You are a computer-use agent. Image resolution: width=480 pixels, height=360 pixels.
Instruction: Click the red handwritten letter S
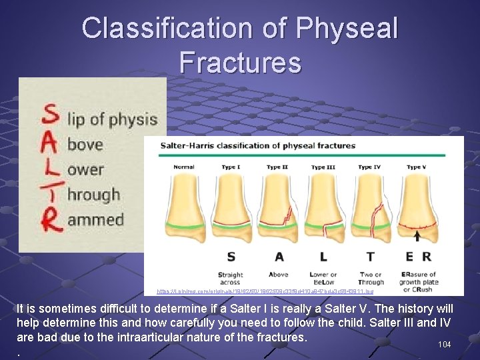point(51,115)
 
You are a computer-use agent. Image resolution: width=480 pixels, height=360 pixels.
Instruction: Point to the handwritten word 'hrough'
point(93,195)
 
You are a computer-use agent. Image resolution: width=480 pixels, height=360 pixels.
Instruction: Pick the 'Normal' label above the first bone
point(184,167)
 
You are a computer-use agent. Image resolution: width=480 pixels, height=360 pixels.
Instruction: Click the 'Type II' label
point(277,167)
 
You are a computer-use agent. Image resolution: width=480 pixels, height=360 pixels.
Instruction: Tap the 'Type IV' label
point(370,167)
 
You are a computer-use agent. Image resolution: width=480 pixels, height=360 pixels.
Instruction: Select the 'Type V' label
point(417,167)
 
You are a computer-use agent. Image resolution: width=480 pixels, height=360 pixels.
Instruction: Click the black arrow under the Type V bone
point(417,235)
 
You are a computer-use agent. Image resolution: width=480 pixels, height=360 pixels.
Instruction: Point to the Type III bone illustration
point(323,207)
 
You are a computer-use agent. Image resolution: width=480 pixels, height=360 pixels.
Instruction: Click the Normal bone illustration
point(185,207)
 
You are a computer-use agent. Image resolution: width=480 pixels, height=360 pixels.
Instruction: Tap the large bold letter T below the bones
point(370,257)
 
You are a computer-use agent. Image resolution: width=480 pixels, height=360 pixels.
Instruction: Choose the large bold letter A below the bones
point(277,257)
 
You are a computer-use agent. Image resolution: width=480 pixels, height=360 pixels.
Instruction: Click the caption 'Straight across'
point(231,278)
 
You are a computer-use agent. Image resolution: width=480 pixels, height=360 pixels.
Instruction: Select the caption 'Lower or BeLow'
point(323,278)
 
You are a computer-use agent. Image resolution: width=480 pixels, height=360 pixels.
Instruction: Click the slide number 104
point(445,345)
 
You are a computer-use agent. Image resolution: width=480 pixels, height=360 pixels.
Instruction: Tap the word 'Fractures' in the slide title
point(240,63)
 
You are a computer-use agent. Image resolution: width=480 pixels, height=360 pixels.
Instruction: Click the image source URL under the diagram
point(265,291)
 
